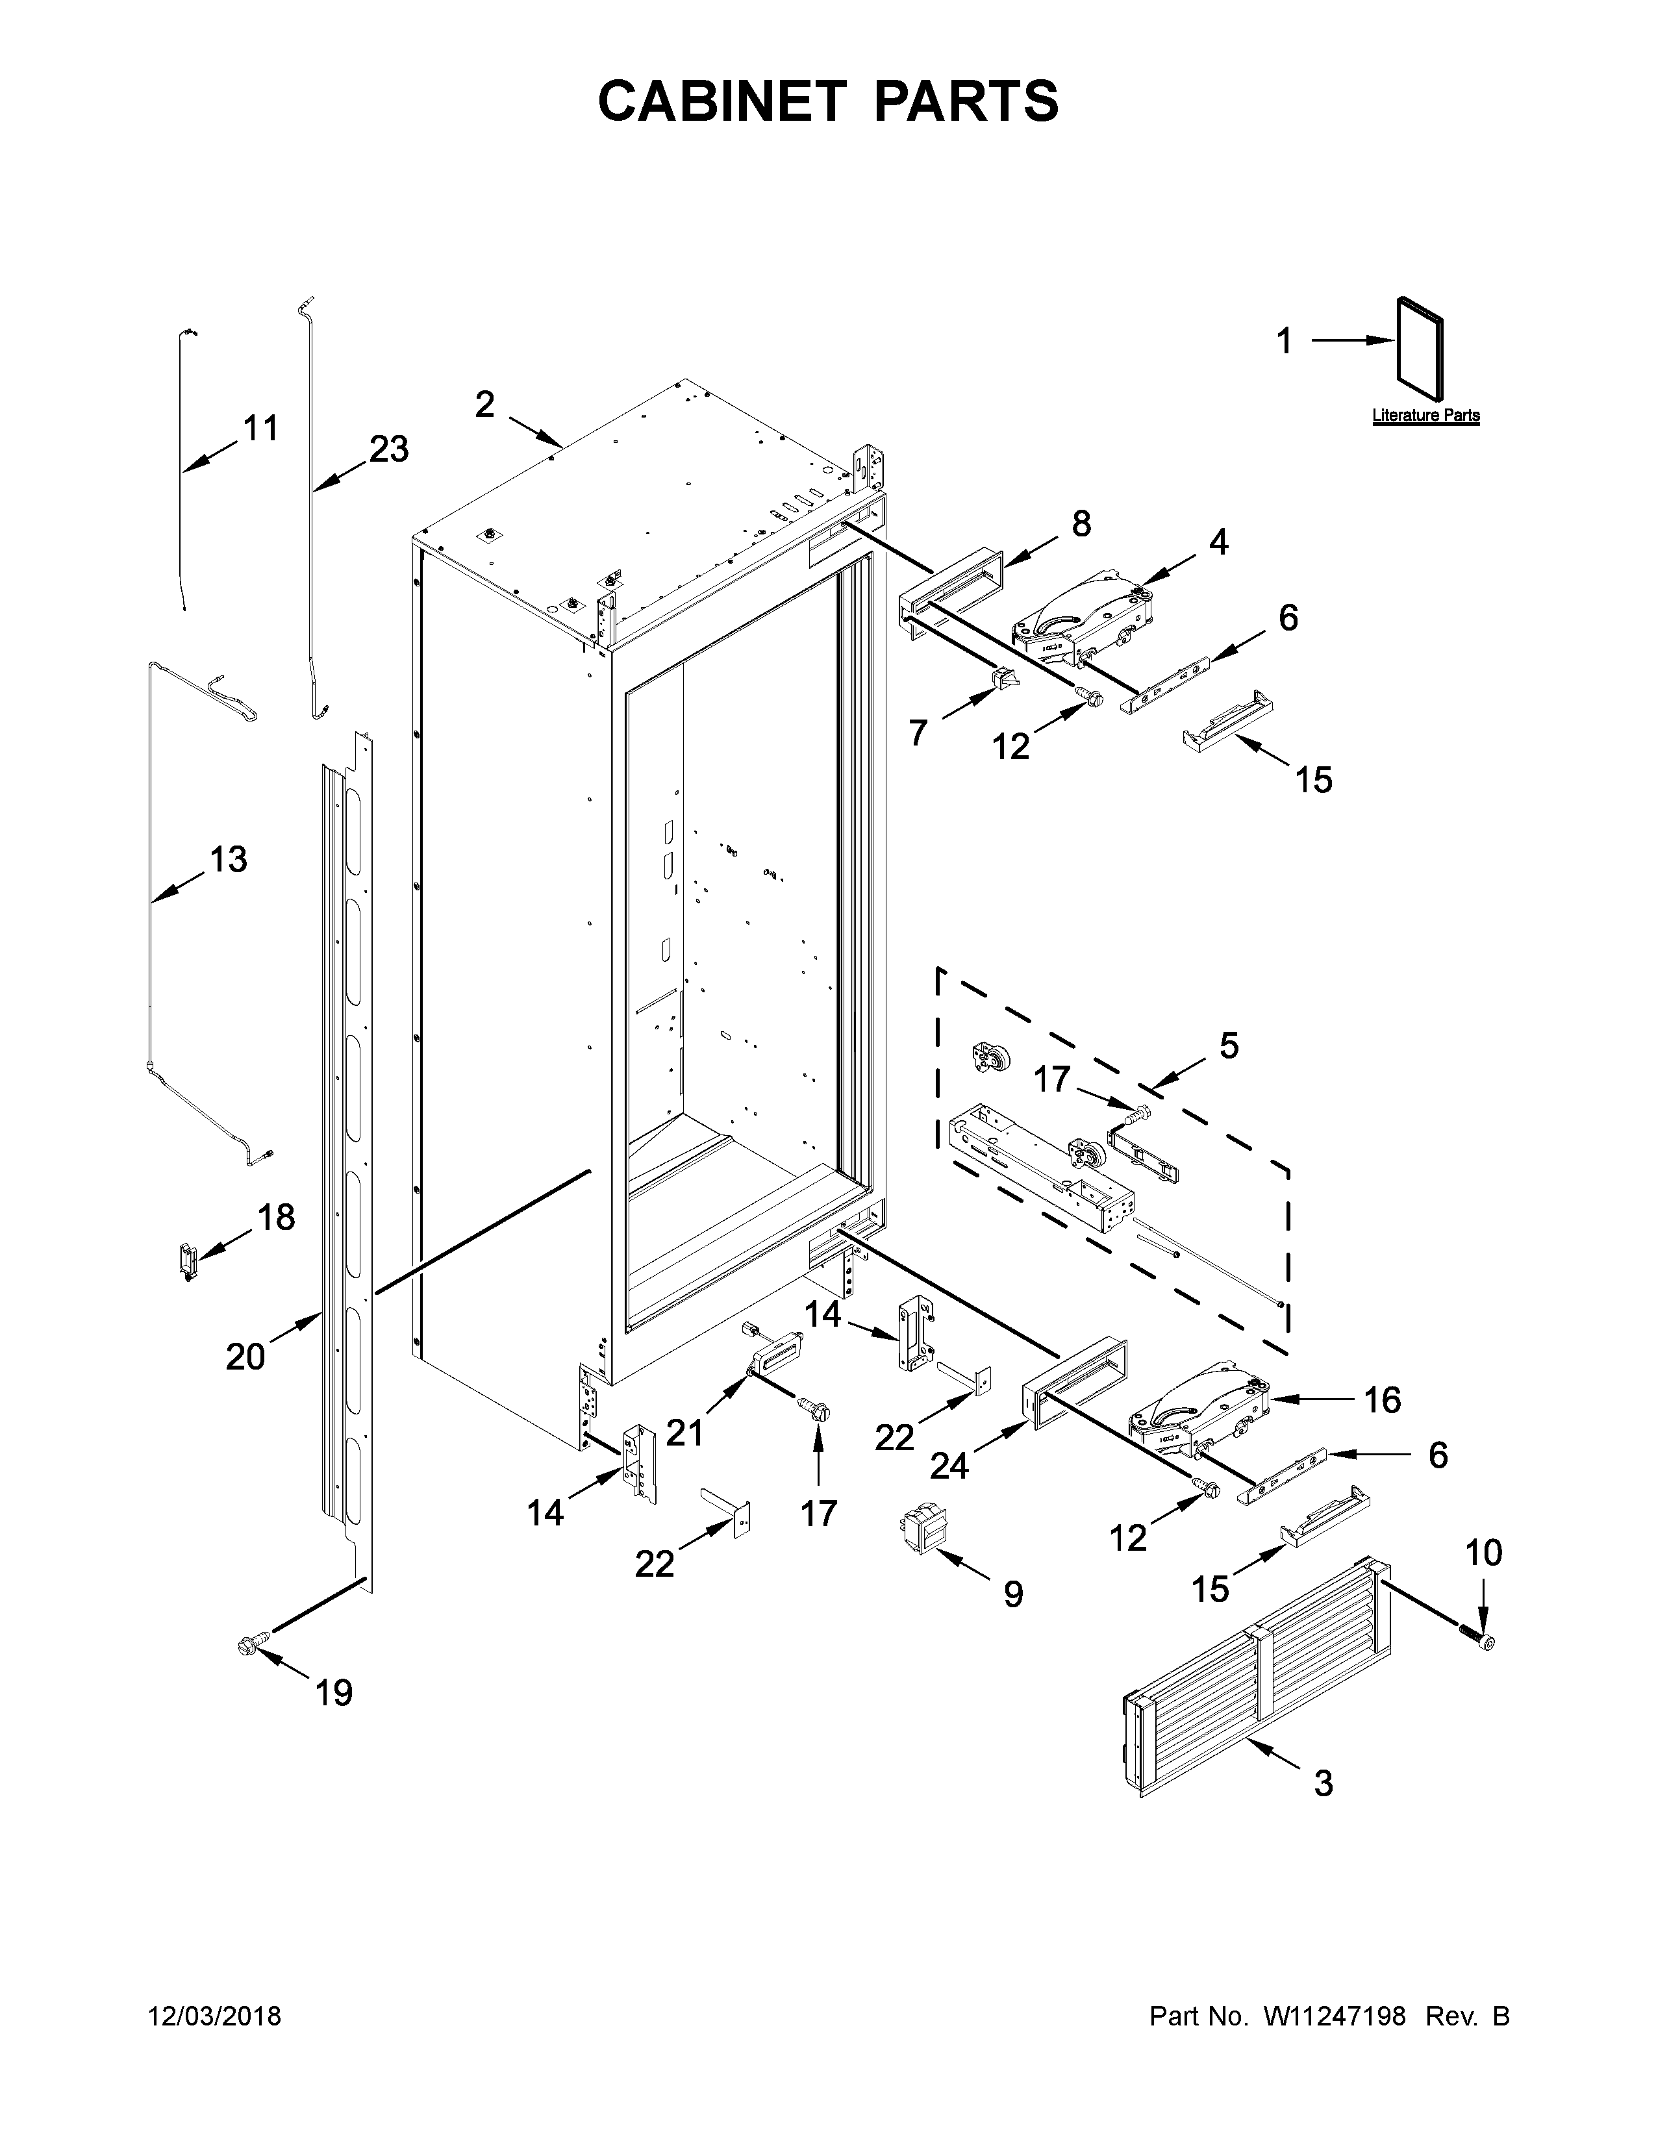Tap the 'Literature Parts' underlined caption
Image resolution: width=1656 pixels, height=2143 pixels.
pos(1425,416)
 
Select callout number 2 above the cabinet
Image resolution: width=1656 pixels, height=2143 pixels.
pos(484,405)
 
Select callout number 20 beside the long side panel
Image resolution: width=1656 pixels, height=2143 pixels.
pos(245,1357)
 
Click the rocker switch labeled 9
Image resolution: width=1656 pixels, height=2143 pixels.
pos(919,1535)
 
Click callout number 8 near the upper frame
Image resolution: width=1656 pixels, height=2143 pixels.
pos(1081,525)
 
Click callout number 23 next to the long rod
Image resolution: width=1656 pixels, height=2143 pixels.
pos(388,449)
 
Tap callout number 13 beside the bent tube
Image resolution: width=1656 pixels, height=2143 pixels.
pos(227,860)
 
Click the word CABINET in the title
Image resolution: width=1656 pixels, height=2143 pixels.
pos(721,101)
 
